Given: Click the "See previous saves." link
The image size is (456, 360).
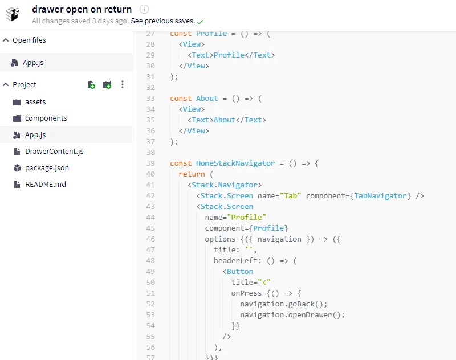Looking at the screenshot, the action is coord(162,21).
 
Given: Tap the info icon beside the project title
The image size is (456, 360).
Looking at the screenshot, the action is coord(144,9).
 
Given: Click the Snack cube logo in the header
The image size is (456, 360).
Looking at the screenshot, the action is coord(13,14).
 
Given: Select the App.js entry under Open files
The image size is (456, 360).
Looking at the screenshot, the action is coord(33,63).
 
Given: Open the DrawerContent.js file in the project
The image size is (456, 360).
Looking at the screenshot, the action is coord(54,152).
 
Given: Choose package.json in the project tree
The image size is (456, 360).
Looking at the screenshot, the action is coord(47,168).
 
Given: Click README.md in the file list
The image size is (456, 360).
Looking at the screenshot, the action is coord(46,184).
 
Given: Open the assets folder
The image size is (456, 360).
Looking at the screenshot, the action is coord(35,102).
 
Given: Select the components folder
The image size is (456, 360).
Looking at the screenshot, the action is coord(46,118).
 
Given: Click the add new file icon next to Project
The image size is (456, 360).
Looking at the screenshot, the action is coord(91,84).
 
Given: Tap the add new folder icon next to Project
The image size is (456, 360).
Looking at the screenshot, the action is coord(107,84).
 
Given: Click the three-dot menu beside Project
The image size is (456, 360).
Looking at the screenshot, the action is coord(123,84).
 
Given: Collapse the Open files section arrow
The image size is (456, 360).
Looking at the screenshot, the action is coord(6,40).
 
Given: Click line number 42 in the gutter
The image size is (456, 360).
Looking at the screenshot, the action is coord(150,196).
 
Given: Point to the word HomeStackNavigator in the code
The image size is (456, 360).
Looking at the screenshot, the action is coord(235,163).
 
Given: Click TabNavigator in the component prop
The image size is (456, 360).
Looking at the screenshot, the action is coord(380,196).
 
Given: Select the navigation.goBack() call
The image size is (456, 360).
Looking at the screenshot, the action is coord(283,304).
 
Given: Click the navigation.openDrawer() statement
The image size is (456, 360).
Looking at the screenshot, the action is coord(292,315).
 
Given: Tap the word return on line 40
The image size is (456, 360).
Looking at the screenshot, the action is coord(192,174).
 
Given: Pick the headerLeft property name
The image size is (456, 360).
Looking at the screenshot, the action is coord(235,261).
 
